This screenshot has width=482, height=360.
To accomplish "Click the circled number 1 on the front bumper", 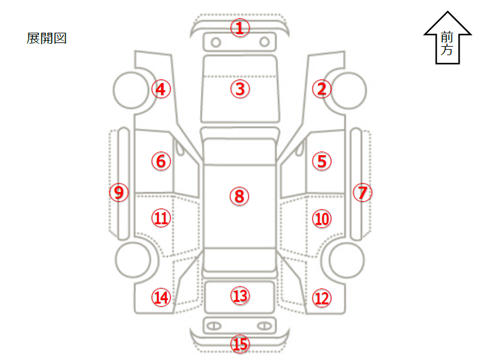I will click(x=240, y=27).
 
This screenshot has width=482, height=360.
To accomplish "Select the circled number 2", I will click(x=321, y=89).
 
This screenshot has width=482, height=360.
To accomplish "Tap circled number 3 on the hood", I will click(x=240, y=89).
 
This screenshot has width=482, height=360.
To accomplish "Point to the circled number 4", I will click(x=161, y=89).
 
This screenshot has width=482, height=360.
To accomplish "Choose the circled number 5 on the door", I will click(x=321, y=161).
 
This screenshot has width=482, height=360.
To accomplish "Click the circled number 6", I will click(x=161, y=161).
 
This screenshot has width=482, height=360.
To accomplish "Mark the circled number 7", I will click(x=362, y=193).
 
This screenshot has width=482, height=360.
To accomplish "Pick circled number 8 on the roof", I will click(x=239, y=196).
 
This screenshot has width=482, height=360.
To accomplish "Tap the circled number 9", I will click(x=119, y=193).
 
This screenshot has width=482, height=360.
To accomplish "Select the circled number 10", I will click(x=321, y=218).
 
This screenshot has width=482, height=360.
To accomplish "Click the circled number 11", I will click(x=161, y=218).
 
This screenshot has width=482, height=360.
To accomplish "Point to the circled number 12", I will click(x=321, y=298).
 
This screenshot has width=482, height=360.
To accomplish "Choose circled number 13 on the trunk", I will click(x=240, y=295).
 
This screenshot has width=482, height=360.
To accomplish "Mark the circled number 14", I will click(x=161, y=298).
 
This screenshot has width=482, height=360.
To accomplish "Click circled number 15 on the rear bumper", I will click(x=240, y=344).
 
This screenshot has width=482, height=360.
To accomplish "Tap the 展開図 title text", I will click(x=46, y=38).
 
